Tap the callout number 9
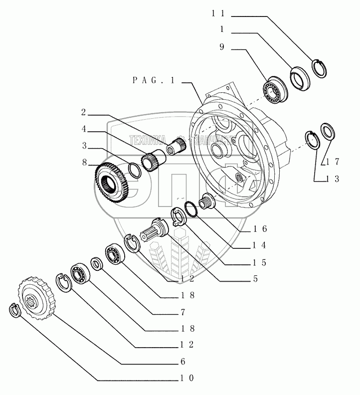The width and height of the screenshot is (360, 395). tap(221, 49)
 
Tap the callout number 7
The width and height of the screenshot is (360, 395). tap(183, 312)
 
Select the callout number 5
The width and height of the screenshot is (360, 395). tap(255, 279)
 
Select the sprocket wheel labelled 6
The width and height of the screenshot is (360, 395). tap(35, 298)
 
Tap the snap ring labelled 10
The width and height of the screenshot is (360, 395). tap(14, 310)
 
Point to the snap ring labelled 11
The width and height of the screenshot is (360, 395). tap(319, 68)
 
